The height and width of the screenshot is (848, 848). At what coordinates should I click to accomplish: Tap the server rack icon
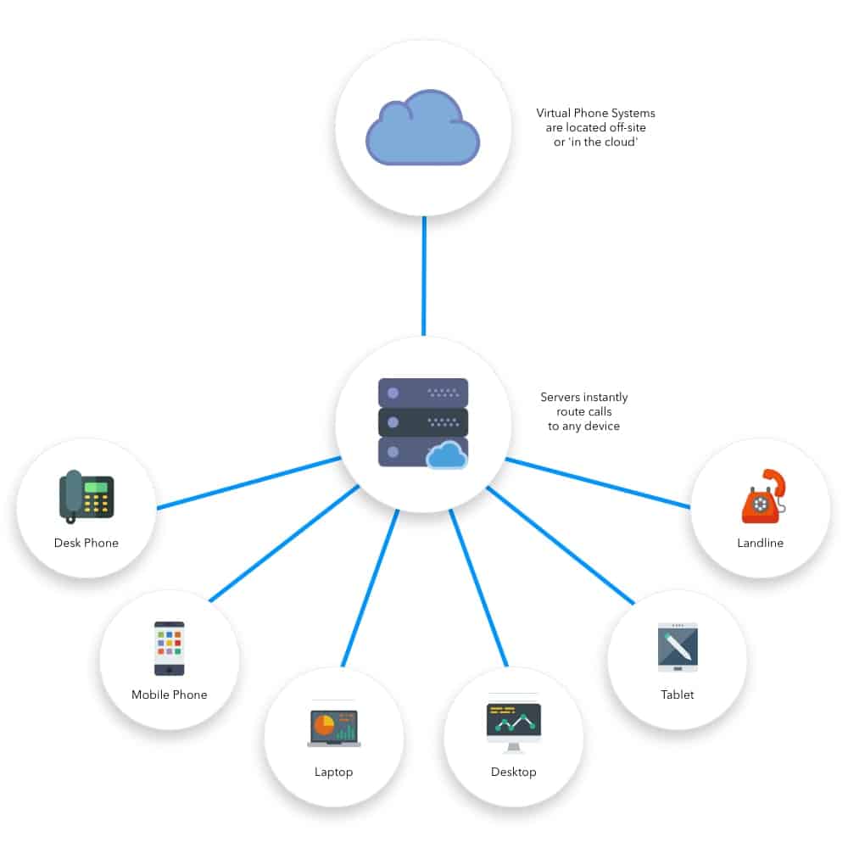(422, 421)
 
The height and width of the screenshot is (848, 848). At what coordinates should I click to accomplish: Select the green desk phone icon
(86, 495)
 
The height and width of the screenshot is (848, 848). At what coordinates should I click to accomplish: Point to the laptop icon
(334, 728)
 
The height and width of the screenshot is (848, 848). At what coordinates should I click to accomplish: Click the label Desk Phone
(86, 543)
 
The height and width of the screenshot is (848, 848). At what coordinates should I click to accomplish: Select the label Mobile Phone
(169, 695)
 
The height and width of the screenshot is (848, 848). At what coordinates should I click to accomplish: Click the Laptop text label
(333, 772)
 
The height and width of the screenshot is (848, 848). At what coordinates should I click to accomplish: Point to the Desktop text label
(513, 772)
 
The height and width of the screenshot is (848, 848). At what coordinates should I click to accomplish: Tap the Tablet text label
(678, 695)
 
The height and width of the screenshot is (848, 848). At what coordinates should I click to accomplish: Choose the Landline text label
(761, 543)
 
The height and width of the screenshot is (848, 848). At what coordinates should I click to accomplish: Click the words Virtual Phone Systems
(595, 113)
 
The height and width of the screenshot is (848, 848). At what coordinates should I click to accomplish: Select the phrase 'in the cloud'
(595, 141)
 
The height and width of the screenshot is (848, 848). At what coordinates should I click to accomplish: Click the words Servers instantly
(584, 397)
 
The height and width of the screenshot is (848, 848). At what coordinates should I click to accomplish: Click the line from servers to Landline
(598, 483)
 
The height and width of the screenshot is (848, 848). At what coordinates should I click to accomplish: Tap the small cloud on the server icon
(447, 456)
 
